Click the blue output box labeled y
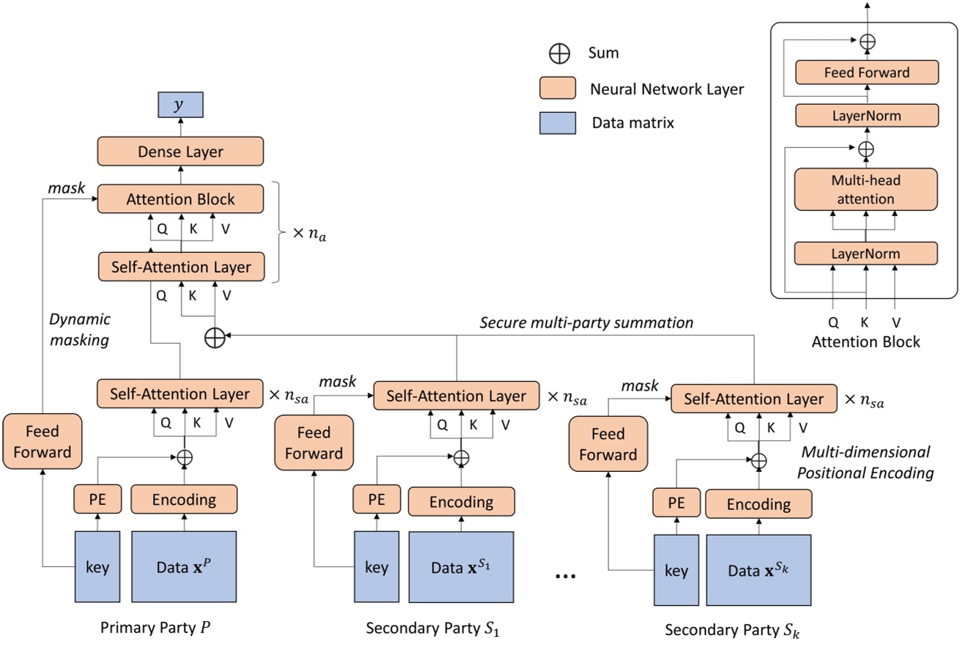point(180,106)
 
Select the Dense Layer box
point(180,152)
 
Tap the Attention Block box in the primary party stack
point(180,199)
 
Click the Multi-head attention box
point(865,191)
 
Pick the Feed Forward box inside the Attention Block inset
point(866,73)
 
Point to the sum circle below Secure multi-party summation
point(215,338)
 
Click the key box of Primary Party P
point(97,567)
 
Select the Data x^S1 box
point(462,567)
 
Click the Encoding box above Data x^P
point(184,500)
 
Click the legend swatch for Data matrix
point(558,122)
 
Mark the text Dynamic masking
point(80,329)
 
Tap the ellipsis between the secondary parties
point(565,576)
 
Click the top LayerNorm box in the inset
point(866,116)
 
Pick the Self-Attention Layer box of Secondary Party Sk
point(753,399)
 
